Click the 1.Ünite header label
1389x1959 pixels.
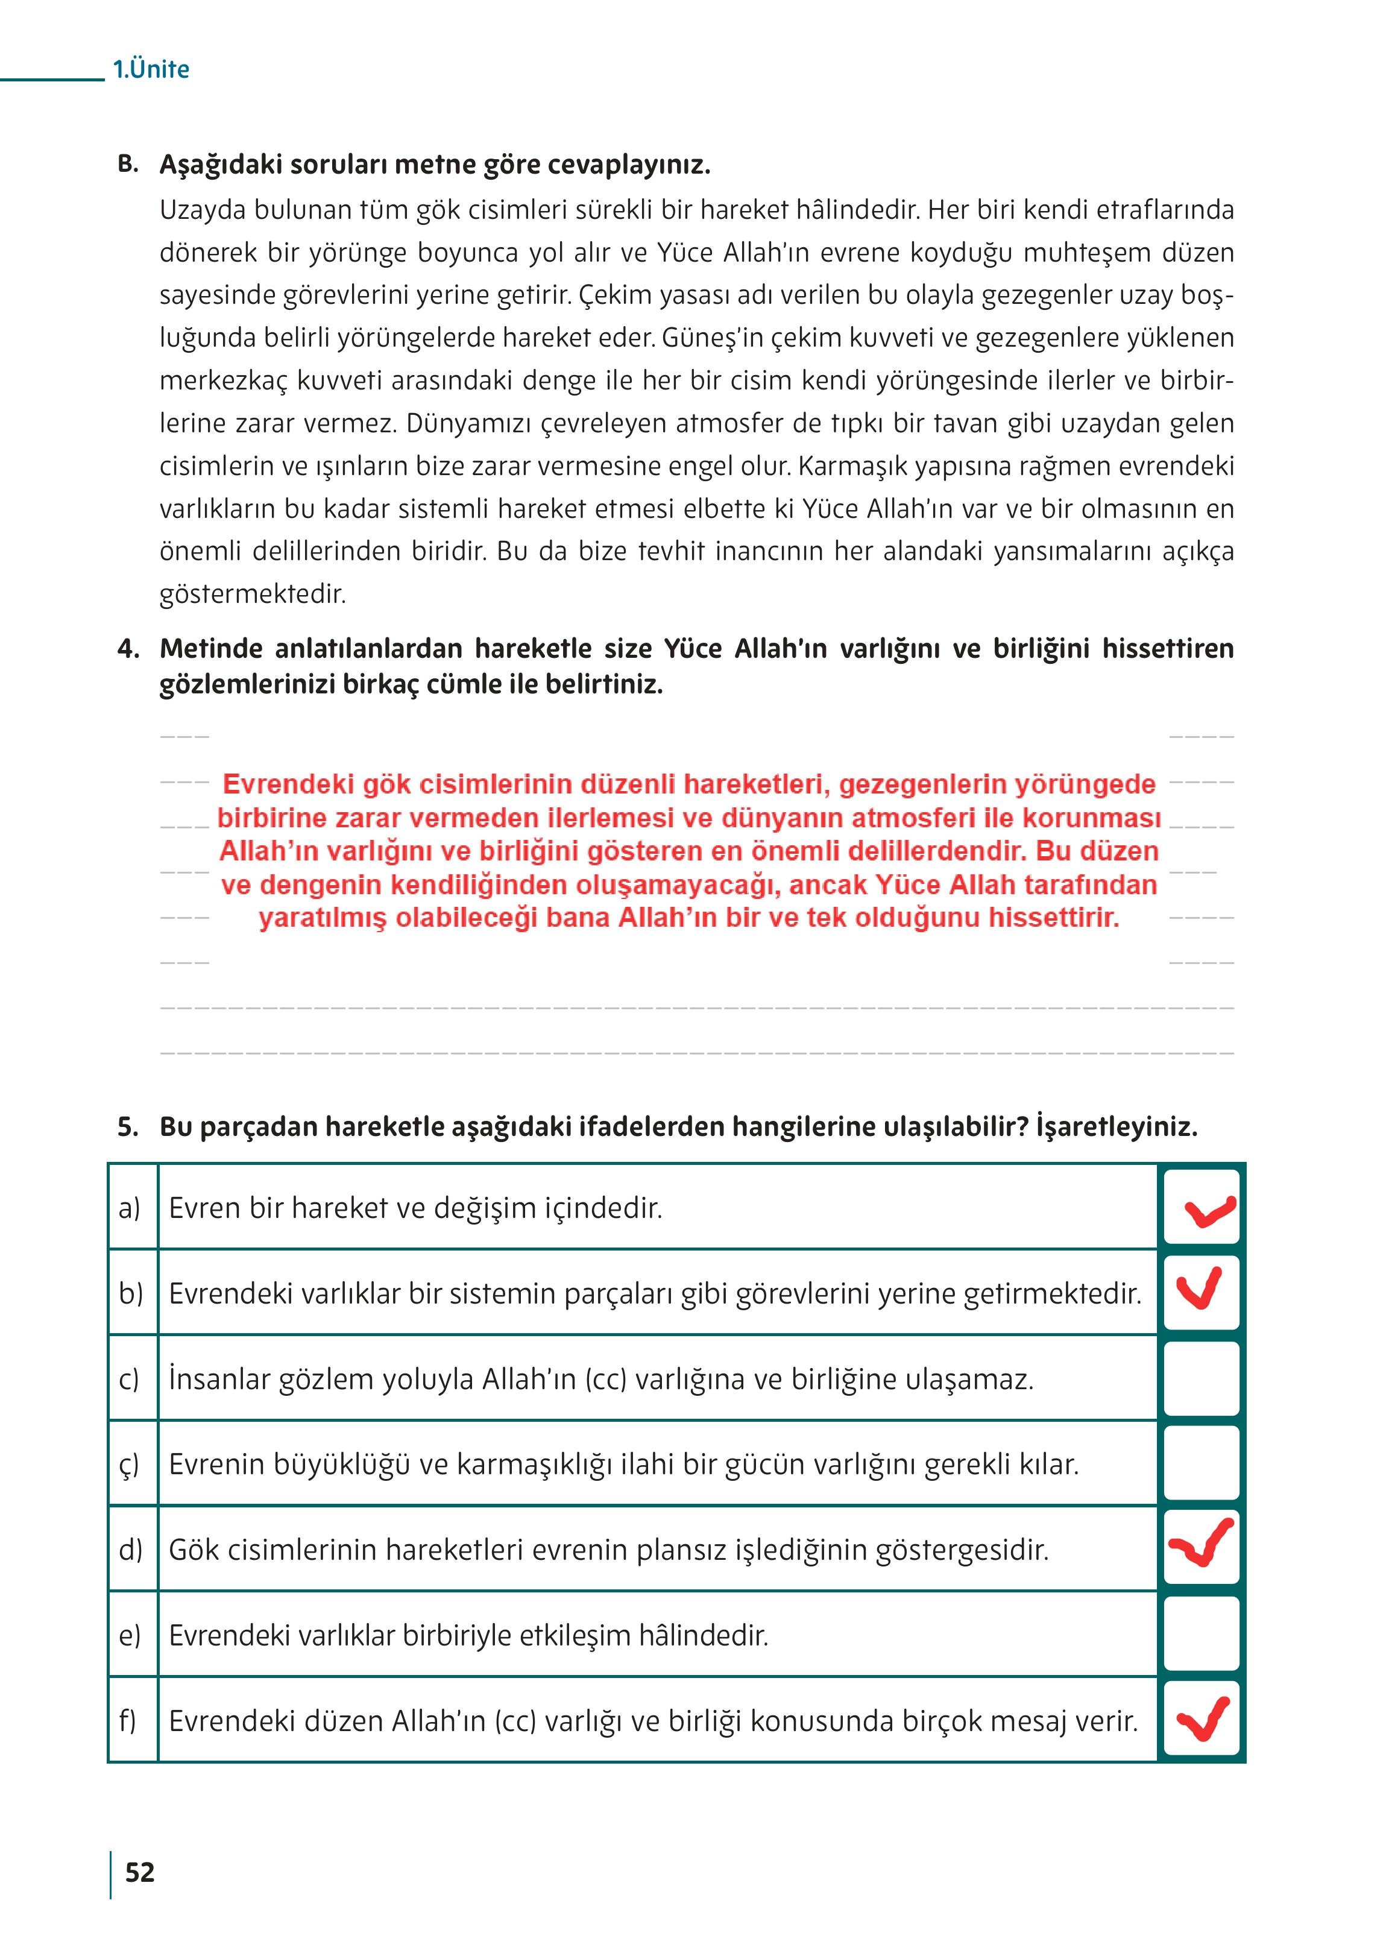(x=151, y=69)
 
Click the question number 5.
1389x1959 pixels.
(x=128, y=1127)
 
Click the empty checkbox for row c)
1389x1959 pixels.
(x=1201, y=1378)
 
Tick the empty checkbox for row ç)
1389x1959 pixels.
(x=1201, y=1463)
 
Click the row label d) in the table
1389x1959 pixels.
(x=130, y=1549)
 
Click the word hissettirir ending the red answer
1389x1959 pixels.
(x=1054, y=918)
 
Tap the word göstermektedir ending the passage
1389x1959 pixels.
(x=253, y=594)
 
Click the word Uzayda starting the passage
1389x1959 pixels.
(x=202, y=210)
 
